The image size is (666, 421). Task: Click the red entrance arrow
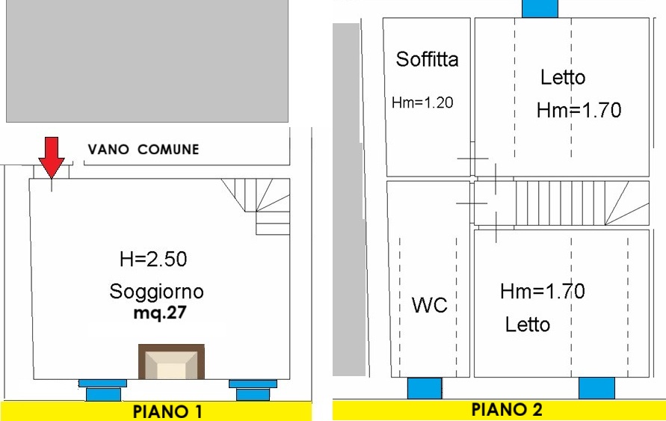52,157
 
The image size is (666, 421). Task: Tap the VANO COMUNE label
144,150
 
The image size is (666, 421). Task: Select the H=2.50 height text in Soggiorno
153,259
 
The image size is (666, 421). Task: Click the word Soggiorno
156,292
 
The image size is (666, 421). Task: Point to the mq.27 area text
160,313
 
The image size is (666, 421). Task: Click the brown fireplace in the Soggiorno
172,362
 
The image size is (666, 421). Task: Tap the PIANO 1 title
167,412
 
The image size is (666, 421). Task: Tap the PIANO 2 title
507,410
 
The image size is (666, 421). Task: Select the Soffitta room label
427,59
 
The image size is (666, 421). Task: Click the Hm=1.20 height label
422,102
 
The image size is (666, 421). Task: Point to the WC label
429,305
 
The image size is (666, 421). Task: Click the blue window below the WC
425,388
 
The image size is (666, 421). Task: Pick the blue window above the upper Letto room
540,8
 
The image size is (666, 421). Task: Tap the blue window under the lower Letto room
596,388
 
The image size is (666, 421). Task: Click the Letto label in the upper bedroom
563,77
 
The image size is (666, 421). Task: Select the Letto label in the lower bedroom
528,325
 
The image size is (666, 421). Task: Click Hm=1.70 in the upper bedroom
579,110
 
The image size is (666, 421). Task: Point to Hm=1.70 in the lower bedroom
543,291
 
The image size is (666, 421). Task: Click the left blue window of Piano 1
103,390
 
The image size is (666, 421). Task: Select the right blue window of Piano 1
253,390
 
